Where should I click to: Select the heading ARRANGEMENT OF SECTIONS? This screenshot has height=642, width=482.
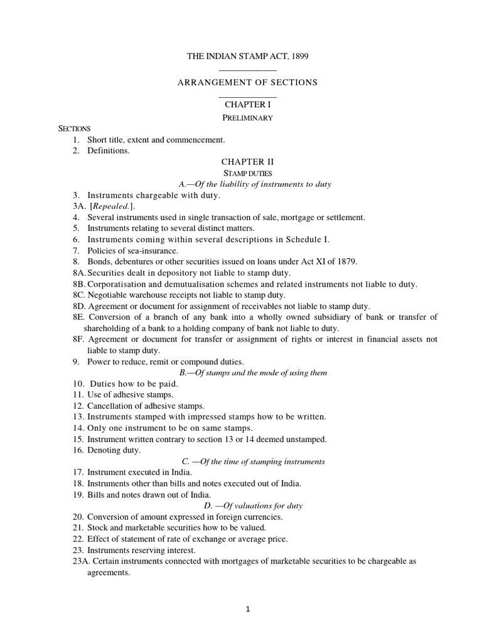[248, 82]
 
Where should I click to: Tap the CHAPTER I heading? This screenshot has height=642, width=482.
[248, 105]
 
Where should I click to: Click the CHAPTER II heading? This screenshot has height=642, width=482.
[248, 161]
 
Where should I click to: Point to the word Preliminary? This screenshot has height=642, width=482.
[248, 118]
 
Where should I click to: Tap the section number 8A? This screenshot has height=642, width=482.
[78, 273]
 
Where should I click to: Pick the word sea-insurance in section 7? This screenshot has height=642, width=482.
[139, 251]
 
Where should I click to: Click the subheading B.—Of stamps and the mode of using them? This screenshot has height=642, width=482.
[253, 372]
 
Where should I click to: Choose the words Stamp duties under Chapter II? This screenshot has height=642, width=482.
[248, 172]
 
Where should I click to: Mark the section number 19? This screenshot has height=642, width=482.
[78, 495]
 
